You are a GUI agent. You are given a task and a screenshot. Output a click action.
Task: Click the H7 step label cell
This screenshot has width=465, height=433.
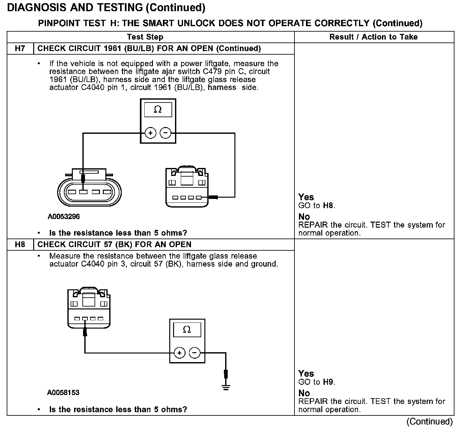(20, 49)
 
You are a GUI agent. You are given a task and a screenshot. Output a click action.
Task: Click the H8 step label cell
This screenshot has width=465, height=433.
(20, 245)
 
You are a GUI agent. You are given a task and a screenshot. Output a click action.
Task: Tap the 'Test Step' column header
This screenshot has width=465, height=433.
(145, 37)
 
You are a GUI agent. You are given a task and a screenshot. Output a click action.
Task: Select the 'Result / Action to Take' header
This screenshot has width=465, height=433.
(373, 37)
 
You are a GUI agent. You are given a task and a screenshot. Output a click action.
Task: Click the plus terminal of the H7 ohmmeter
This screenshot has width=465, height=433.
(150, 133)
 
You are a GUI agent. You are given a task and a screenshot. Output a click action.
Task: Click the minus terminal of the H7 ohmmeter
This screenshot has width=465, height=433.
(165, 133)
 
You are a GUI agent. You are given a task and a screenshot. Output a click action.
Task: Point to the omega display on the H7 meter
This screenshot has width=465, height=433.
(158, 110)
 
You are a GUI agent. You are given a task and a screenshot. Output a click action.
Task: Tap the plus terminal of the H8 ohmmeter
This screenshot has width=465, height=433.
(179, 353)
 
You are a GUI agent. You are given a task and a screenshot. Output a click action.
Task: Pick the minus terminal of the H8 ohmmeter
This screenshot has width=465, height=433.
(194, 353)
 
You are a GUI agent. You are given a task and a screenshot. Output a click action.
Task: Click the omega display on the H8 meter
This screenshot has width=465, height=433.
(187, 329)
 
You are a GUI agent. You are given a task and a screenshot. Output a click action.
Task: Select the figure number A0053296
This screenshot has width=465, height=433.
(64, 216)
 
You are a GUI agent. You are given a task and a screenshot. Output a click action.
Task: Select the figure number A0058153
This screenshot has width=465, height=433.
(63, 392)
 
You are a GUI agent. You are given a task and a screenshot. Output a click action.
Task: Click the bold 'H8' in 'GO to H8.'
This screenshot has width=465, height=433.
(328, 206)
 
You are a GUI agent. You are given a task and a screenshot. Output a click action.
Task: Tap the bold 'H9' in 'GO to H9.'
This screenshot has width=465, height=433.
(328, 382)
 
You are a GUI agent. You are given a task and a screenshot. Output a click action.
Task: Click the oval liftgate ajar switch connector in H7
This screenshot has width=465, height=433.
(89, 192)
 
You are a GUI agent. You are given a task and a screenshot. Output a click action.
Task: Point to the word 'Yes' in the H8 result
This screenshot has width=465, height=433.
(306, 373)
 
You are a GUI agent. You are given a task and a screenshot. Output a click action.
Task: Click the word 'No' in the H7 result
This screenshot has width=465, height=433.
(304, 217)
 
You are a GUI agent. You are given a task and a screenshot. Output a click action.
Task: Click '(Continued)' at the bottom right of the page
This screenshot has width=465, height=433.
(429, 422)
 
